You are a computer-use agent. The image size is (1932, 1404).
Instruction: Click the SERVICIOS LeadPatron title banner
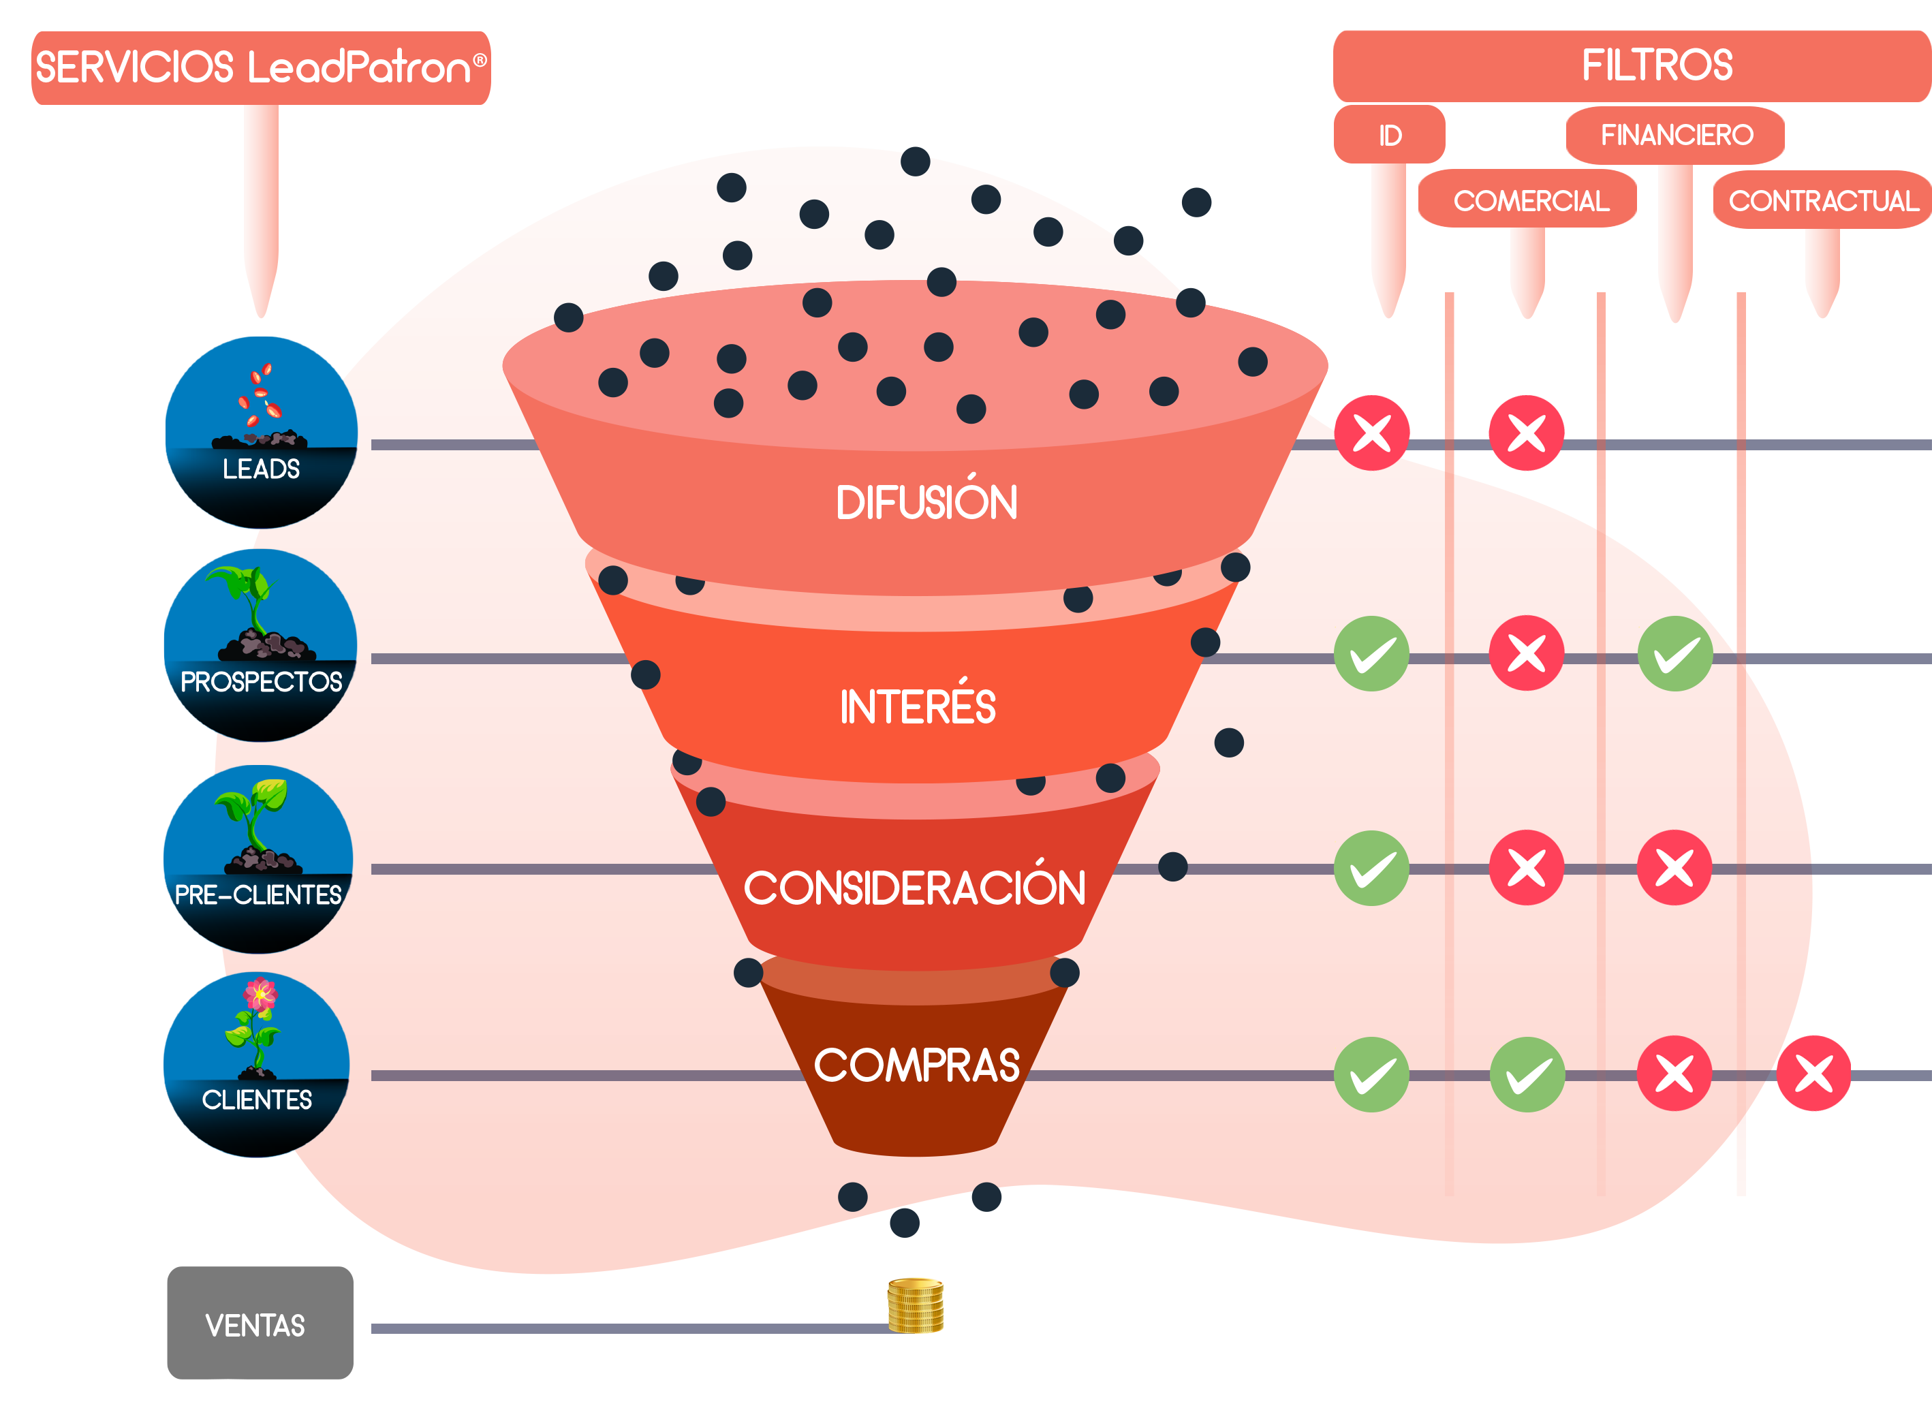coord(261,67)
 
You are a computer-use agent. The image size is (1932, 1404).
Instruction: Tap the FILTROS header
coord(1656,65)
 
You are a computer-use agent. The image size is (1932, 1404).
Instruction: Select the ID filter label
coord(1389,135)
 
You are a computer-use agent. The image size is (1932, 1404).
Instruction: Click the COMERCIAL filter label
coord(1530,200)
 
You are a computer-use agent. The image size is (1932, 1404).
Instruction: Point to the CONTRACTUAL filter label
coord(1823,200)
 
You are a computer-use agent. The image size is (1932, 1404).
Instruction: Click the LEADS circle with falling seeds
coord(261,432)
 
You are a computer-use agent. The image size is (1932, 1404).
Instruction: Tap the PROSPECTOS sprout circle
coord(261,645)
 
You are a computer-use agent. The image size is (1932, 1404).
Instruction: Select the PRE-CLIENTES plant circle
coord(259,859)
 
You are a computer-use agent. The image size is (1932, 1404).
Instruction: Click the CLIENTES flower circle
coord(258,1065)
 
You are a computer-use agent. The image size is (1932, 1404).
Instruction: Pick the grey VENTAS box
coord(260,1322)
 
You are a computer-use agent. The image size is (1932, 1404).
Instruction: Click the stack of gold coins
coord(915,1305)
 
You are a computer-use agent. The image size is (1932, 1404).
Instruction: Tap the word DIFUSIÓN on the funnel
coord(926,502)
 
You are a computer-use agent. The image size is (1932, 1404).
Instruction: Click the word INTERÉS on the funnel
coord(918,706)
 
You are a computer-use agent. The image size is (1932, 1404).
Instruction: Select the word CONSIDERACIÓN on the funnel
coord(915,887)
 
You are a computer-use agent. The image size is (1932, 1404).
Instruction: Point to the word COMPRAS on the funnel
coord(916,1065)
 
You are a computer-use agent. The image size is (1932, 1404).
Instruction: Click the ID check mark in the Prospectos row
coord(1371,653)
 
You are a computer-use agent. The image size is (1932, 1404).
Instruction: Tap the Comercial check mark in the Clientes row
coord(1527,1074)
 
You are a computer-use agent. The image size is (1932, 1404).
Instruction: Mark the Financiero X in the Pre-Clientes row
coord(1674,867)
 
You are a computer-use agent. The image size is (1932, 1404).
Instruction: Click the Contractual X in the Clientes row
coord(1813,1074)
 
